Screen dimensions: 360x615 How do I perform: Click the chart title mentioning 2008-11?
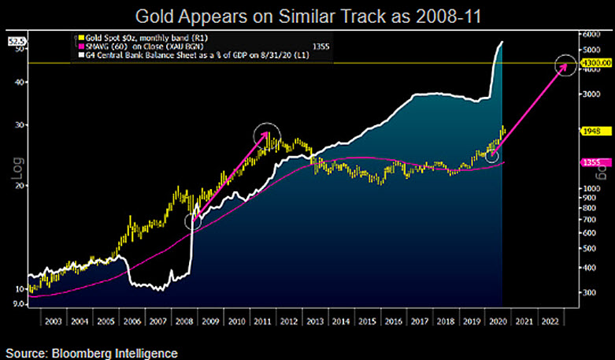pos(307,15)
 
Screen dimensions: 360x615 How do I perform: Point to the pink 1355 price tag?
pos(591,162)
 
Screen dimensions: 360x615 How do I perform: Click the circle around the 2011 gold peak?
pos(268,135)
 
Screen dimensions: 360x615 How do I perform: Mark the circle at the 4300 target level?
pos(566,68)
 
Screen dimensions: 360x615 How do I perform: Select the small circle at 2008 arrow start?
pos(193,221)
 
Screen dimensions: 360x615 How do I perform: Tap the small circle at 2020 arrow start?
pos(492,156)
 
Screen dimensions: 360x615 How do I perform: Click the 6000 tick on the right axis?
pos(591,35)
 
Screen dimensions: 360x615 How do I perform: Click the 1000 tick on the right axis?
pos(591,189)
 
